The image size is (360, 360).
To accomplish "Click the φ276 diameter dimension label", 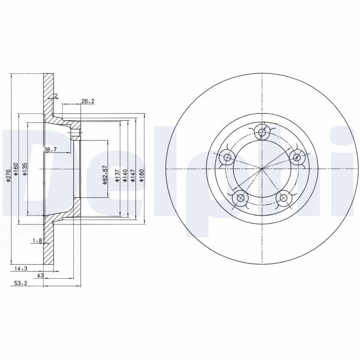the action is point(8,176).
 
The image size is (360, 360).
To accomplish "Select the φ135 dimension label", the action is point(25,170).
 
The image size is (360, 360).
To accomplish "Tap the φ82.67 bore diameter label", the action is point(104,175).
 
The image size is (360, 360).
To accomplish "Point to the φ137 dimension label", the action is point(117,176).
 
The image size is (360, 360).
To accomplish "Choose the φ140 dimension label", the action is point(125,176).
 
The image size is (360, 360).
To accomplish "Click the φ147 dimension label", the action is point(133,176).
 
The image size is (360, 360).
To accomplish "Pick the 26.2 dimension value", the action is point(88,101).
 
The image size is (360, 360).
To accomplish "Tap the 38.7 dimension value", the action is point(50,150).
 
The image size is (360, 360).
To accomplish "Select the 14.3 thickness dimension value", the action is point(21,268).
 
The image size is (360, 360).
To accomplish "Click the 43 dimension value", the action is point(40,275).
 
